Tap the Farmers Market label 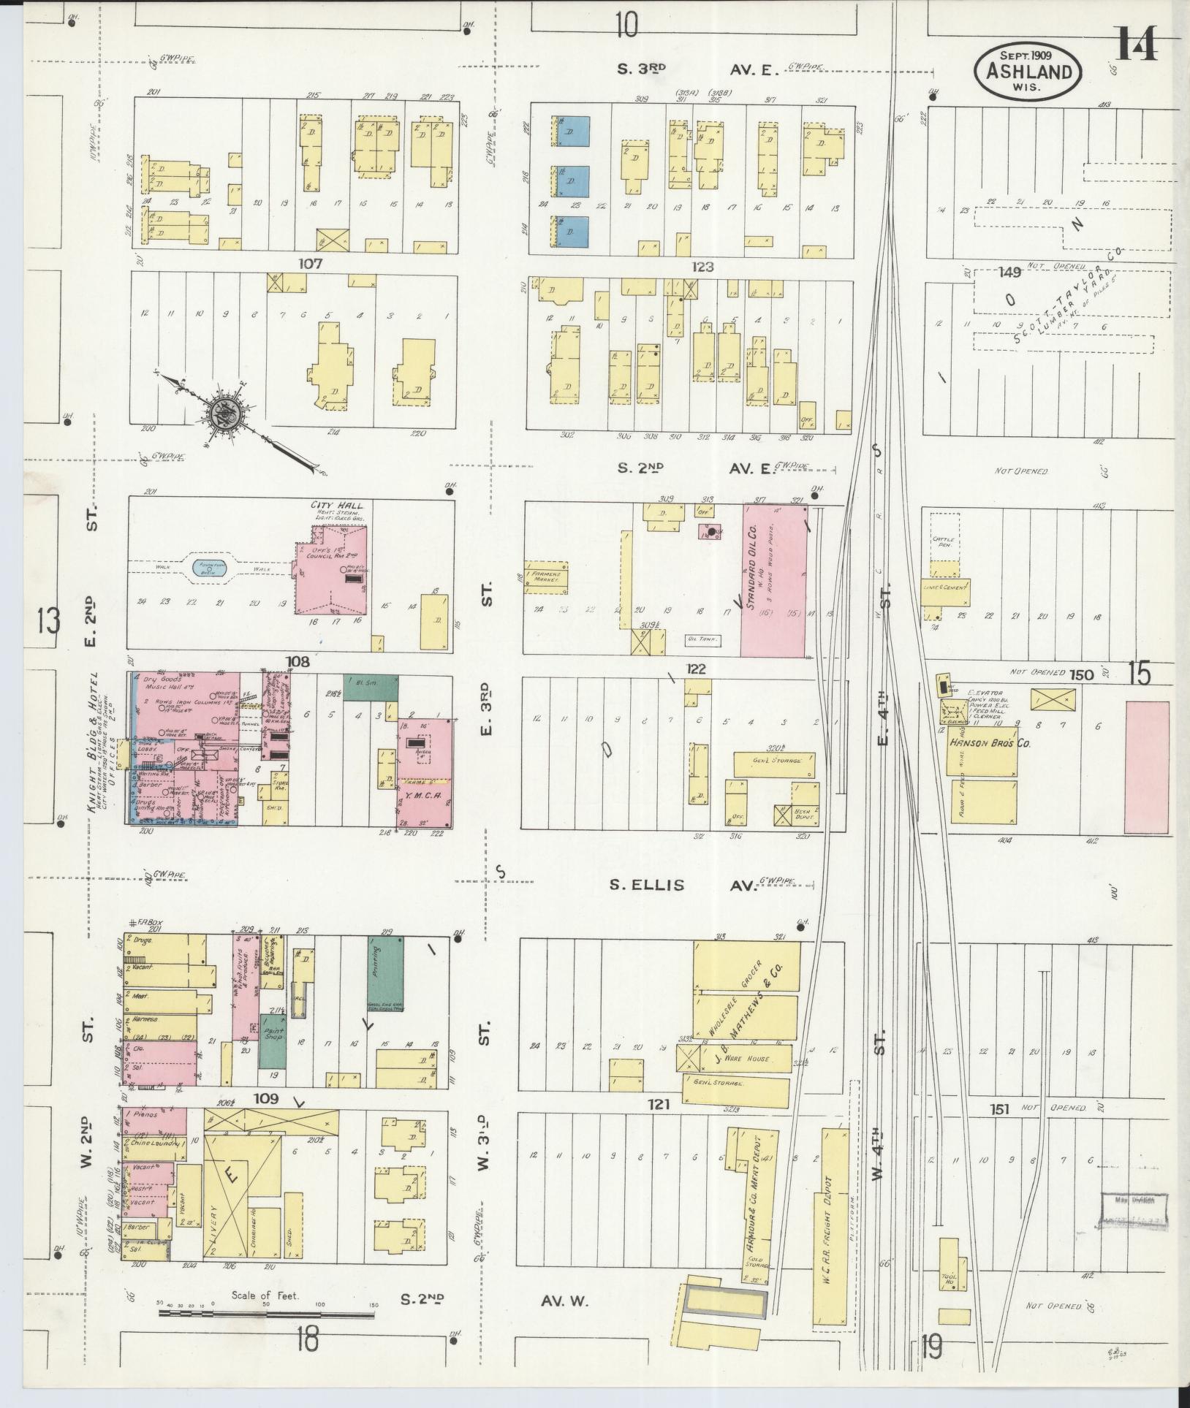pyautogui.click(x=546, y=576)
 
